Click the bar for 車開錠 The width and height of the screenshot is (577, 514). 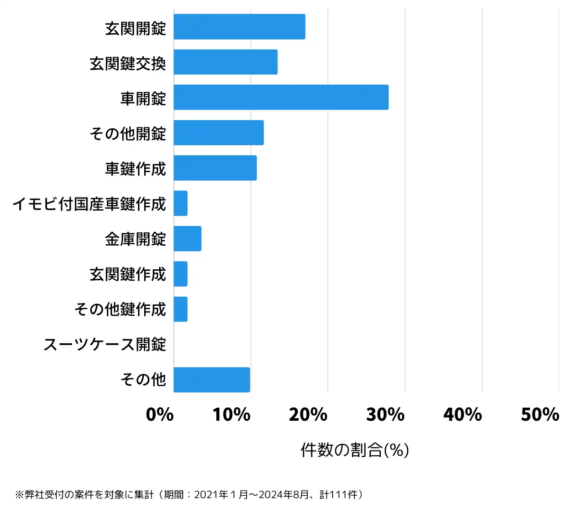click(x=281, y=97)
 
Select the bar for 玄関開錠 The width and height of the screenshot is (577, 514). click(x=239, y=27)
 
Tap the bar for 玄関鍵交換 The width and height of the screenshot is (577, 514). click(x=226, y=62)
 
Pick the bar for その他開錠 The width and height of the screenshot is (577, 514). click(x=218, y=133)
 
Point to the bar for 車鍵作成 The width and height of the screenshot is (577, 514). click(x=215, y=168)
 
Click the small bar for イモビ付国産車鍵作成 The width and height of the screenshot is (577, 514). click(x=180, y=203)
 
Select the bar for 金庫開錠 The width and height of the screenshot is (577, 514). click(x=187, y=238)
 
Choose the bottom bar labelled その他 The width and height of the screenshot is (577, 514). click(x=212, y=380)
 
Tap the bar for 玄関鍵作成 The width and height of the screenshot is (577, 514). click(x=180, y=274)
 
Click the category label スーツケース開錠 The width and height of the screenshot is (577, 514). click(x=105, y=344)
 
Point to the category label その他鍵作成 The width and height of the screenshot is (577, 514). click(x=120, y=309)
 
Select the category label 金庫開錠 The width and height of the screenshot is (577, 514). click(x=136, y=239)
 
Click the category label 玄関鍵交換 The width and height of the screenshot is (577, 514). click(x=128, y=63)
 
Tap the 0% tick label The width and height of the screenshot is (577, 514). click(x=160, y=414)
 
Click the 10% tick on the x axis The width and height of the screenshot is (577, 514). click(x=231, y=414)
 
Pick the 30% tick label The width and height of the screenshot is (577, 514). click(x=385, y=414)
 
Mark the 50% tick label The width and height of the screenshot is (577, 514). click(x=540, y=414)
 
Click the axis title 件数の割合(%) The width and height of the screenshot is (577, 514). click(x=355, y=450)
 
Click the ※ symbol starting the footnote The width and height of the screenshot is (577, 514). click(x=19, y=495)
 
